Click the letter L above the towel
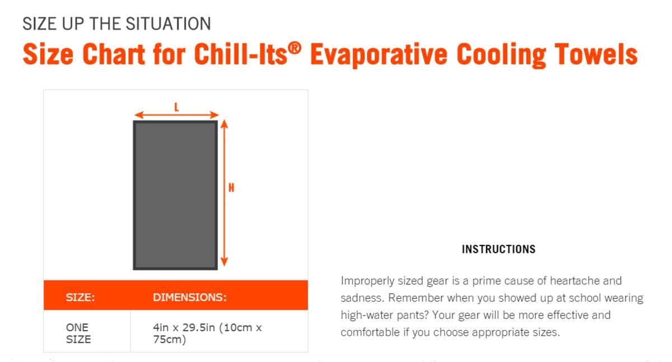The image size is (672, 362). point(176,107)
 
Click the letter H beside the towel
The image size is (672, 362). point(231,188)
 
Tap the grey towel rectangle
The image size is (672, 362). point(175,195)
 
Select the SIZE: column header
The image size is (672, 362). point(80,297)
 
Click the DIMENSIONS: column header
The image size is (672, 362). point(190,297)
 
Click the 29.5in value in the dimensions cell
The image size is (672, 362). point(199,327)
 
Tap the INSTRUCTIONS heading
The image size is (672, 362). point(498,250)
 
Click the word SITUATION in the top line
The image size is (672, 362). point(169,23)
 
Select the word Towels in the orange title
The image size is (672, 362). point(596,54)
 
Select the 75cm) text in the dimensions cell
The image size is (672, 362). point(170,340)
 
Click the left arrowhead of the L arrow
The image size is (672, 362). point(139,115)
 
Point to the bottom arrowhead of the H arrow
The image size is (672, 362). point(225,262)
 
